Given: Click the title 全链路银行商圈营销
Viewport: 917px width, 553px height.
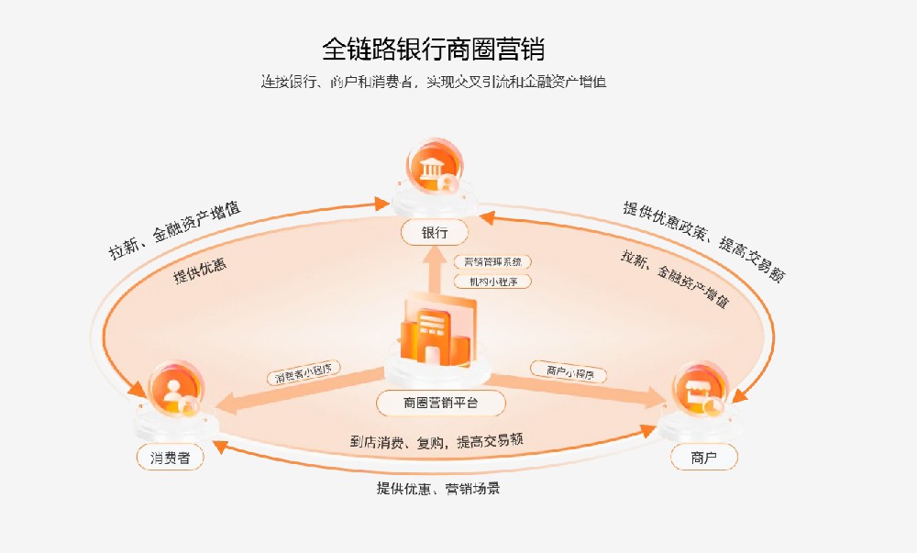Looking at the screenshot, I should point(439,49).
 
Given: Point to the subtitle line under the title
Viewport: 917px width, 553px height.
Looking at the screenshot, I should point(433,82).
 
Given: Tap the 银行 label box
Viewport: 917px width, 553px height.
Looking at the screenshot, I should point(434,233).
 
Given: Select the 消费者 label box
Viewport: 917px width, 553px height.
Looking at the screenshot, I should point(170,457).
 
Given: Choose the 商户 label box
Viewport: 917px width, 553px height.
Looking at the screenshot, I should point(704,457).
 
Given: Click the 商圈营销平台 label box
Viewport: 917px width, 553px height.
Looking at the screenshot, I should point(441,402).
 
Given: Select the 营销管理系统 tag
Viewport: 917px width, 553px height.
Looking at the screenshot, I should point(492,261).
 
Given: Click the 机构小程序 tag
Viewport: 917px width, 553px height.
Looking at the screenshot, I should point(492,282).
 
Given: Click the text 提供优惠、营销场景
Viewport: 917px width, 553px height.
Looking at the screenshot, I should point(438,489).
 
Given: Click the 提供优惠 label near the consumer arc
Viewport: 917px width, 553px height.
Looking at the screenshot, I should point(200,270).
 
